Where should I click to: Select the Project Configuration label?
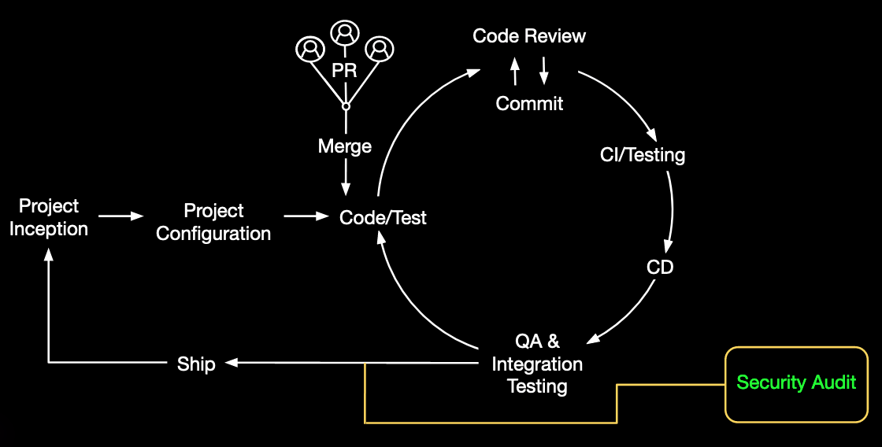click(213, 222)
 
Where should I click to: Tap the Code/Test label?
click(383, 217)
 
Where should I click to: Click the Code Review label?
click(529, 36)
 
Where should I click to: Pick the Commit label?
click(529, 103)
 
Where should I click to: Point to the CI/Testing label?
click(643, 155)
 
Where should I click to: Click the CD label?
click(660, 267)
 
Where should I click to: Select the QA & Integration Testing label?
click(537, 364)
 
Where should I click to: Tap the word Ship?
click(196, 364)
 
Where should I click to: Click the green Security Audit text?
click(796, 383)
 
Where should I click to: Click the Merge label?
click(345, 146)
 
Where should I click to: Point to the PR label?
click(345, 71)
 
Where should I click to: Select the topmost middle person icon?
click(345, 32)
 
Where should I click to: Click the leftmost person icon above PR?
click(309, 49)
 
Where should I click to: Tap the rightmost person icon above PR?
click(380, 49)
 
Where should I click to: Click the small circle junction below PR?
click(345, 106)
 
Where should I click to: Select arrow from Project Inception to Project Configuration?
click(122, 216)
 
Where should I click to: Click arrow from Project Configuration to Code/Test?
click(306, 216)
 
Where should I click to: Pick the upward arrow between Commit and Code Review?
click(515, 71)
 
